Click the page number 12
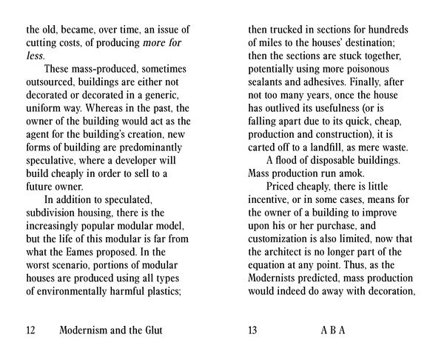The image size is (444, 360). tap(31, 330)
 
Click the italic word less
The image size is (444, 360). tap(34, 56)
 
